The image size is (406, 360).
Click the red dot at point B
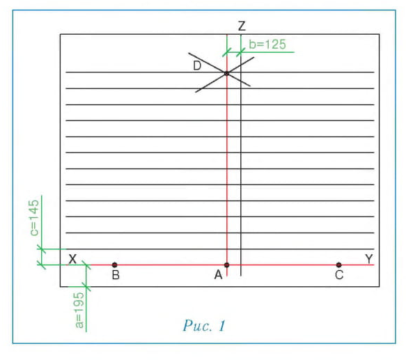pyautogui.click(x=115, y=265)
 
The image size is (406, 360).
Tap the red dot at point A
pyautogui.click(x=227, y=265)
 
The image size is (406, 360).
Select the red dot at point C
pyautogui.click(x=338, y=265)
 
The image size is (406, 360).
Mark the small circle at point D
pyautogui.click(x=227, y=74)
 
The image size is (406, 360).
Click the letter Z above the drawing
pyautogui.click(x=242, y=26)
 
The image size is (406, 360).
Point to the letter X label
pyautogui.click(x=72, y=259)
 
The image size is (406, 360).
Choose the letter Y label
pyautogui.click(x=369, y=259)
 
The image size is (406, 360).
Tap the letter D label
pyautogui.click(x=197, y=65)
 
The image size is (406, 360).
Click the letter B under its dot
pyautogui.click(x=116, y=275)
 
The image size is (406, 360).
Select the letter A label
pyautogui.click(x=218, y=275)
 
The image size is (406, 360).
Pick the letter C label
pyautogui.click(x=339, y=275)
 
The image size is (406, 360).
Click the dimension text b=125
pyautogui.click(x=267, y=45)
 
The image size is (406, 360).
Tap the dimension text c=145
pyautogui.click(x=34, y=218)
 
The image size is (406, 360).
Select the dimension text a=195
pyautogui.click(x=79, y=311)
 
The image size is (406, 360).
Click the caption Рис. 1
pyautogui.click(x=204, y=326)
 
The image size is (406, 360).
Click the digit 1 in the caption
pyautogui.click(x=222, y=326)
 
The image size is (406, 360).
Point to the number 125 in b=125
pyautogui.click(x=274, y=45)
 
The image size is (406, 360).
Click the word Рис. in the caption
pyautogui.click(x=198, y=326)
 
